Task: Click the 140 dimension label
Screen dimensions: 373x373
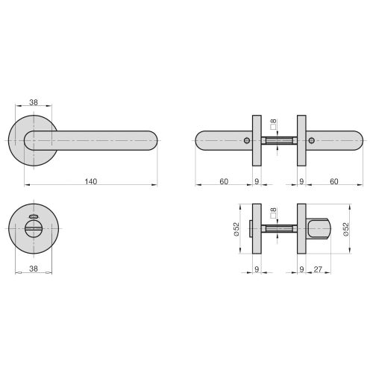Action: coord(91,181)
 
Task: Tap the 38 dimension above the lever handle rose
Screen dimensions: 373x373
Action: coord(34,104)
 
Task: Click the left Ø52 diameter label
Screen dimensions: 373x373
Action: coord(236,231)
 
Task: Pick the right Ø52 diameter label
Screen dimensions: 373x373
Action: coord(346,231)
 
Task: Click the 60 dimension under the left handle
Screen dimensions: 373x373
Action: coord(224,181)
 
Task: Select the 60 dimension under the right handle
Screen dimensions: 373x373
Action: coord(334,181)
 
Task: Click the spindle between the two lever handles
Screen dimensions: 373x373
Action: coord(280,140)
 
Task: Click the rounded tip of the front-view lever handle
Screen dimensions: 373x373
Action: coord(152,140)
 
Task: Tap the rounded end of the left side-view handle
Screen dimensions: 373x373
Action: coord(199,140)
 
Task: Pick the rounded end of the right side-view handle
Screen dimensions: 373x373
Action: coord(359,140)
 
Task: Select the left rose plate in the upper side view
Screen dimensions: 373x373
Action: coord(257,140)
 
